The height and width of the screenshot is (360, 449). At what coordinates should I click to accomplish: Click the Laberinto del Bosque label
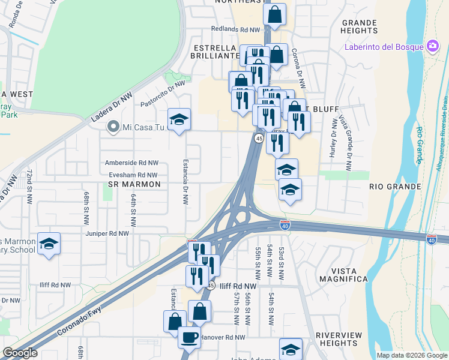pos(384,47)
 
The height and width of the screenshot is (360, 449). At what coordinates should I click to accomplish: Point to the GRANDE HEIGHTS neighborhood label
pos(359,26)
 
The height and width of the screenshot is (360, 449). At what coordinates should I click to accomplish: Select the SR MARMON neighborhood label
pos(134,184)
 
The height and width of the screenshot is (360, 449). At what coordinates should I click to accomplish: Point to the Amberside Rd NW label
pos(131,163)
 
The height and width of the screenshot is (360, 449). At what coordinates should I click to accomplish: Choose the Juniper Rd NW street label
pos(107,233)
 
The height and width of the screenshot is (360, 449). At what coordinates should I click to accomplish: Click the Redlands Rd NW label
pos(235,29)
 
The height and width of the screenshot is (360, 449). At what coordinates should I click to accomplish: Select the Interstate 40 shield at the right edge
pos(431,239)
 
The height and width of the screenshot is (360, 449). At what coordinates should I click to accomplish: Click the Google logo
pos(20,353)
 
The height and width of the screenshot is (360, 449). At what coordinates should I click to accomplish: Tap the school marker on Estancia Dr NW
pos(179,119)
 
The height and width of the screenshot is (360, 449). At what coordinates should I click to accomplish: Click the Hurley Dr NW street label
pos(334,139)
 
